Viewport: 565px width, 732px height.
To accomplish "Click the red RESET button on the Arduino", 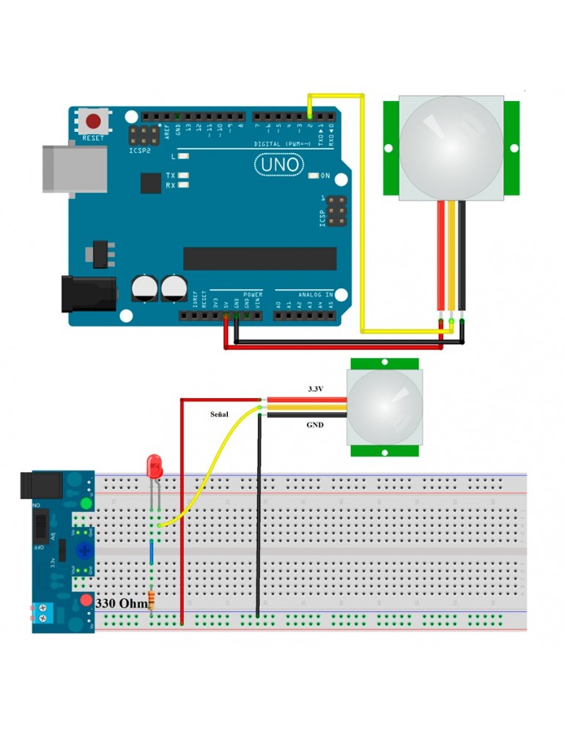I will [94, 122].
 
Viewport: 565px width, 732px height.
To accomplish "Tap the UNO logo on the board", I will [278, 165].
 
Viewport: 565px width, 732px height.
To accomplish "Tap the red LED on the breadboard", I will [155, 466].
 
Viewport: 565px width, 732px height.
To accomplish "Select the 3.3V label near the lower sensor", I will [315, 389].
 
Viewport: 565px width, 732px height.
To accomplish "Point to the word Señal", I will [219, 414].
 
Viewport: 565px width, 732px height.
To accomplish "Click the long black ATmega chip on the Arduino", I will [259, 258].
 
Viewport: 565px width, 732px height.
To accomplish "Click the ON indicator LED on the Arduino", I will [314, 176].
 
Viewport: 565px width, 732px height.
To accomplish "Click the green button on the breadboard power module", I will [86, 504].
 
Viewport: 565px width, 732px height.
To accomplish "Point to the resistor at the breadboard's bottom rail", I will [152, 600].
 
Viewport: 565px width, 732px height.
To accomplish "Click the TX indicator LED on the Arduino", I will [183, 176].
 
